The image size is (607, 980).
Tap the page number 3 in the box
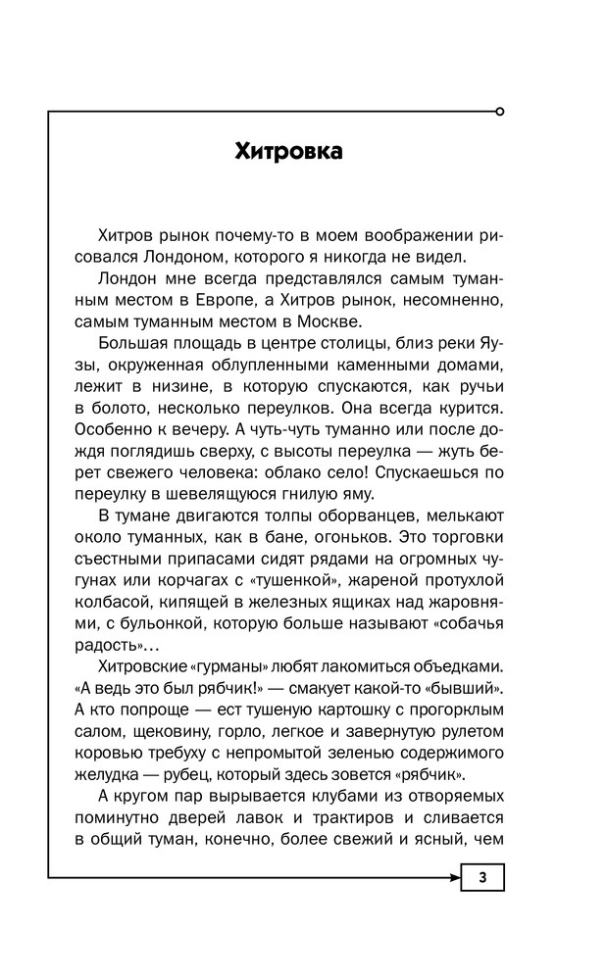(482, 877)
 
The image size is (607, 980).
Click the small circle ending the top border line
(501, 112)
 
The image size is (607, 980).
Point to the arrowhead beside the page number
(453, 877)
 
